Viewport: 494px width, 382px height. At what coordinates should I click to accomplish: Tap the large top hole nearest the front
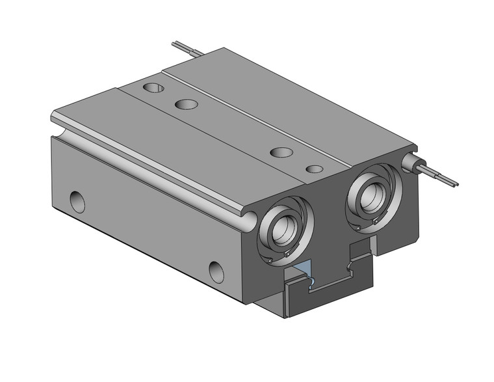click(281, 152)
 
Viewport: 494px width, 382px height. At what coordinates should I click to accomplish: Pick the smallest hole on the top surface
click(314, 169)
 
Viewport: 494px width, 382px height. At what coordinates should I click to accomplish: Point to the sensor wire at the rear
click(185, 49)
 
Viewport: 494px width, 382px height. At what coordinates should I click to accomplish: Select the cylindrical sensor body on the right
click(411, 162)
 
